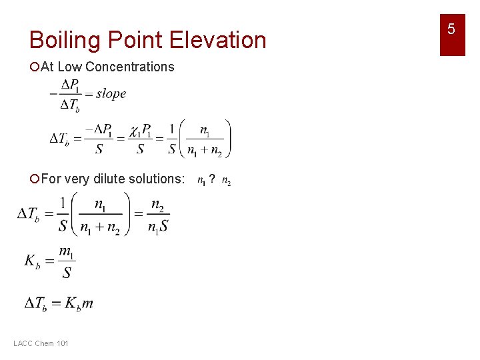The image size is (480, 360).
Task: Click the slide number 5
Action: click(451, 29)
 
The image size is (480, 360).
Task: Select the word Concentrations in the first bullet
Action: click(130, 67)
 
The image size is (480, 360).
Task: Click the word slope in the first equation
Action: click(111, 94)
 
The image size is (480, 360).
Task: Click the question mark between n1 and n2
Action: click(212, 179)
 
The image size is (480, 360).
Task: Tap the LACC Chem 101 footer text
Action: click(41, 343)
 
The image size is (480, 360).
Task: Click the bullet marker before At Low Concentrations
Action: click(35, 67)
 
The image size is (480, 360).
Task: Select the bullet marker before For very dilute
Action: click(35, 179)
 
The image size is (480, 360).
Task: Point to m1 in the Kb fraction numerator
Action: click(66, 251)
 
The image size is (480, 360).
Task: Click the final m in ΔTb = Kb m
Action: click(88, 304)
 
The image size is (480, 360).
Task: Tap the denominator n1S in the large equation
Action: click(157, 226)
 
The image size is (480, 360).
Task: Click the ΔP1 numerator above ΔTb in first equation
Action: click(69, 85)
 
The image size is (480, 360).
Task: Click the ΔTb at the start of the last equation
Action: click(35, 304)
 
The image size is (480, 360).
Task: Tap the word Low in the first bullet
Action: click(70, 67)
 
